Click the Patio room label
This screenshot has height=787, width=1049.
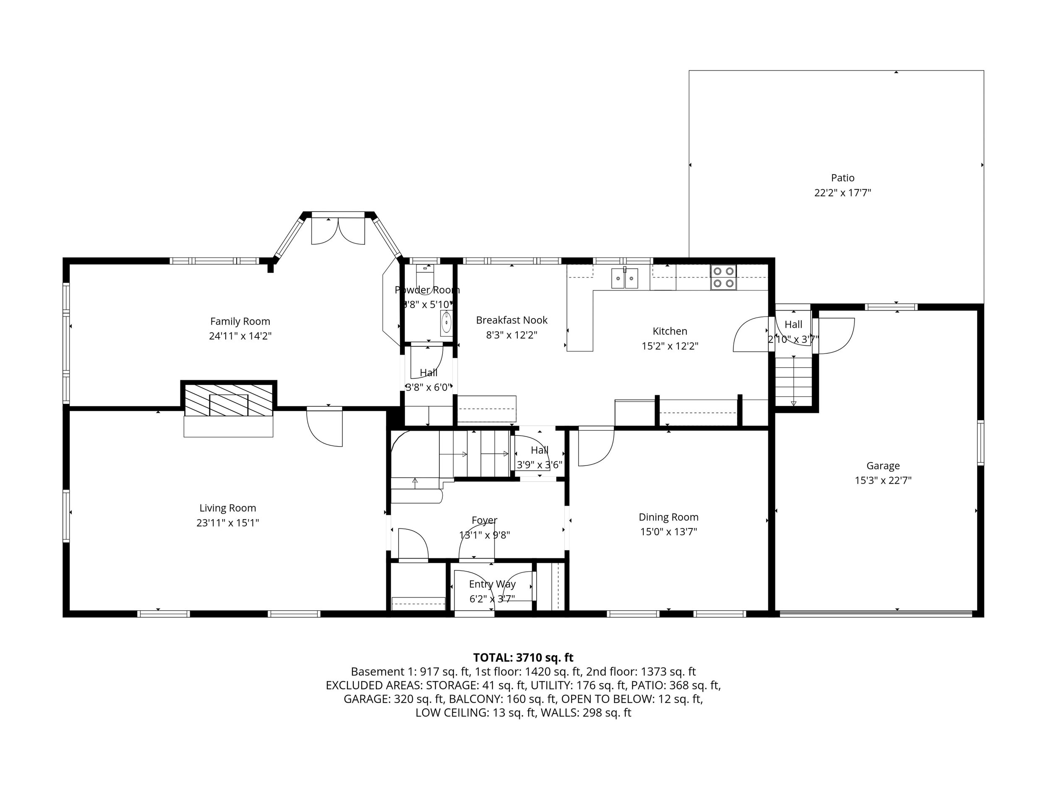843,178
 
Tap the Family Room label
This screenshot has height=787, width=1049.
240,321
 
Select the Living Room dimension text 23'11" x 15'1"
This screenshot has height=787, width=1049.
227,523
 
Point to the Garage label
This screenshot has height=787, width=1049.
883,466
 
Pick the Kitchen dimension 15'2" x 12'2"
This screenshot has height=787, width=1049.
670,346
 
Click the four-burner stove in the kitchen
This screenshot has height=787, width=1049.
723,277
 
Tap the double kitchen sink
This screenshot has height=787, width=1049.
624,278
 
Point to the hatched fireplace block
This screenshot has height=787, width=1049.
228,400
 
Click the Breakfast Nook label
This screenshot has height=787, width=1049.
511,320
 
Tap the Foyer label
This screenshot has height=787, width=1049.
484,520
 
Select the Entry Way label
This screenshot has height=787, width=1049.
492,584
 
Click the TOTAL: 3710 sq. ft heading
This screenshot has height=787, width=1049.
523,657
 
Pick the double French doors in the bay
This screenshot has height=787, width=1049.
338,231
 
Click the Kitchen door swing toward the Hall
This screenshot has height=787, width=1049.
750,334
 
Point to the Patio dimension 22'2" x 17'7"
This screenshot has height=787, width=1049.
843,193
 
